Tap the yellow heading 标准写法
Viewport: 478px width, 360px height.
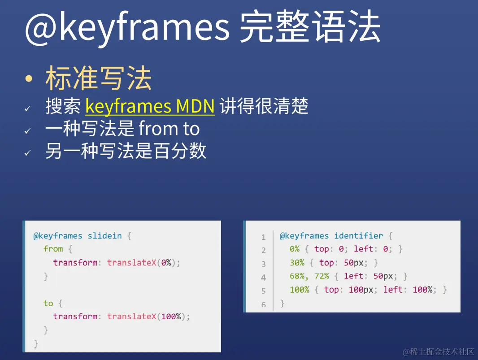click(98, 78)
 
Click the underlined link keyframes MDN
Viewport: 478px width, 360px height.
click(150, 106)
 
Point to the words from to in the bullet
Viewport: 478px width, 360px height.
click(169, 129)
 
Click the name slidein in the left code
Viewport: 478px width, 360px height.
click(104, 236)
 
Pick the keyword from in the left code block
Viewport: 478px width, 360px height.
click(53, 249)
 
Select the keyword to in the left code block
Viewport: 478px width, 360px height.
click(48, 304)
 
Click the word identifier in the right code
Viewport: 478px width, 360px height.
click(358, 236)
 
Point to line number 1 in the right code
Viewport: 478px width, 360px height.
click(264, 237)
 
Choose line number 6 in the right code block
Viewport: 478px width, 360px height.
click(264, 304)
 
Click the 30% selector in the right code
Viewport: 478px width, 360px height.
click(297, 263)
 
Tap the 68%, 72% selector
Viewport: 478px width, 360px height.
click(309, 276)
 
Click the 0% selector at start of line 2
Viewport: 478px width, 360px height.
click(294, 249)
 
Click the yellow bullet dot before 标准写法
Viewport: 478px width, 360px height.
click(29, 79)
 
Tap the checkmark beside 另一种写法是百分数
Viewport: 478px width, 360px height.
click(27, 152)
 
